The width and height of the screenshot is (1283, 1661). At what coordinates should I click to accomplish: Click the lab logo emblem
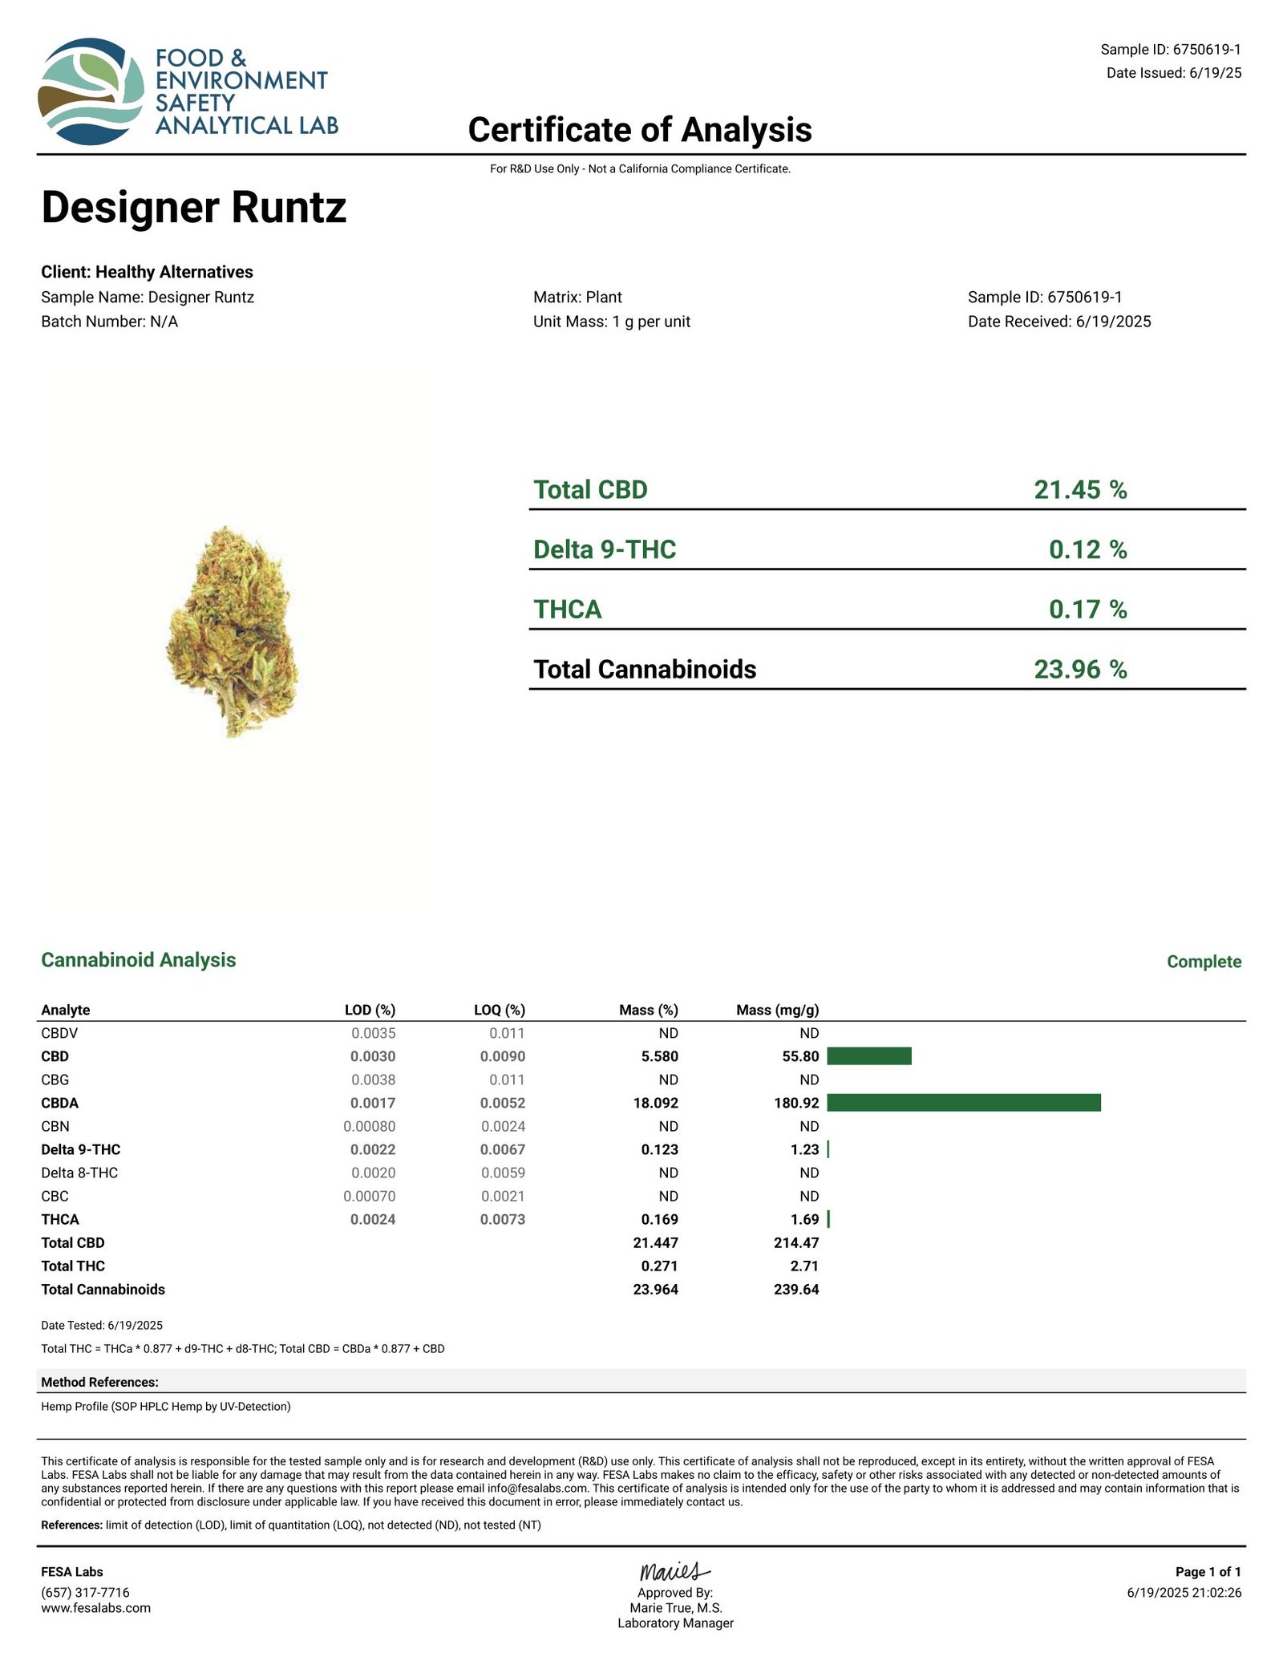click(x=91, y=91)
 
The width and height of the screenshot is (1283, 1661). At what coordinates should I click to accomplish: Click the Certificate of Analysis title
click(x=639, y=130)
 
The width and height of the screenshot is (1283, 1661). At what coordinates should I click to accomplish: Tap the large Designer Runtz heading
click(x=193, y=207)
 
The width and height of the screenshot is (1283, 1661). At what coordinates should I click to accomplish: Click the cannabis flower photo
click(x=233, y=630)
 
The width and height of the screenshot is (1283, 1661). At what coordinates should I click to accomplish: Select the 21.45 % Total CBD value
click(x=1079, y=489)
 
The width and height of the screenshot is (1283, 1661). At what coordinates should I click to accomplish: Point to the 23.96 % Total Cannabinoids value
click(x=1079, y=669)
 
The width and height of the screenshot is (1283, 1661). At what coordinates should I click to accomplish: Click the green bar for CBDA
click(x=963, y=1103)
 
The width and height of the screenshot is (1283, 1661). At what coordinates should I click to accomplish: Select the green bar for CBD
click(x=868, y=1056)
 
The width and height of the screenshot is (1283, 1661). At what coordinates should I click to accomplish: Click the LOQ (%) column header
click(x=499, y=1010)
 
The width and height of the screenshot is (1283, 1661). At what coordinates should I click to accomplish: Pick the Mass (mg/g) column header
click(x=777, y=1010)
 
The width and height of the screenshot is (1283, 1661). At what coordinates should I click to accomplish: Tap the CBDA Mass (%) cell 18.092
click(x=655, y=1103)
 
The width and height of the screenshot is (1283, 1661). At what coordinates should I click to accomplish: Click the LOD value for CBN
click(x=369, y=1126)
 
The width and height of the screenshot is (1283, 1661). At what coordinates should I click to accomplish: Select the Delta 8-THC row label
click(x=79, y=1173)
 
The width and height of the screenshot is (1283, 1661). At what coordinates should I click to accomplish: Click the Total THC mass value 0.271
click(x=659, y=1266)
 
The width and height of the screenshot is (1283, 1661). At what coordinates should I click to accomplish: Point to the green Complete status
click(x=1204, y=962)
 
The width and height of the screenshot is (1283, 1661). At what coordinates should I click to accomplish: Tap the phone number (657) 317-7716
click(x=85, y=1592)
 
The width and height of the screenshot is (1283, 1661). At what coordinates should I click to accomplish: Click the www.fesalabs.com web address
click(x=95, y=1607)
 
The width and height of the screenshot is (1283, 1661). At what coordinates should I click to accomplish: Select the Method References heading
click(x=99, y=1382)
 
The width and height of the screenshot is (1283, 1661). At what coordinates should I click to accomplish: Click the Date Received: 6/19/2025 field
click(x=1058, y=322)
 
